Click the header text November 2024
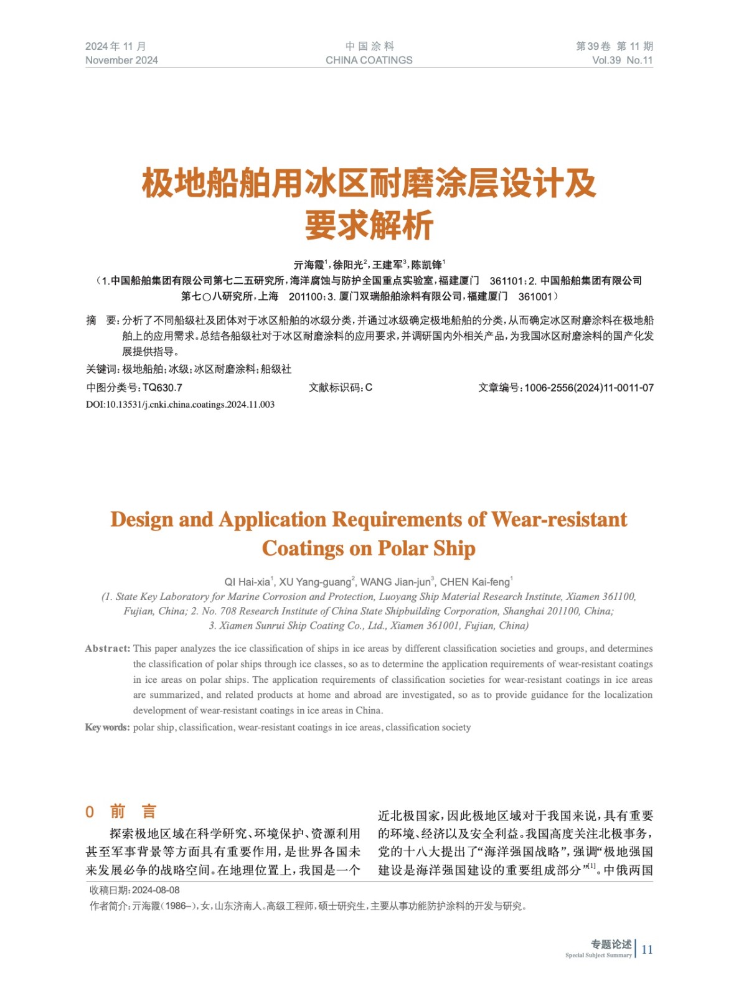tap(121, 60)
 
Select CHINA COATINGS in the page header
tap(369, 60)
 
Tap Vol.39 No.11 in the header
tap(622, 60)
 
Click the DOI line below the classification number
tap(180, 405)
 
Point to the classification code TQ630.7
tap(162, 388)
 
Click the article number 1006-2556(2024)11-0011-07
tap(589, 388)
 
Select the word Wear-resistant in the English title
tap(559, 520)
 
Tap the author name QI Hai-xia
tap(247, 582)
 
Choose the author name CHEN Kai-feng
tap(474, 582)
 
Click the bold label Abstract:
tap(108, 649)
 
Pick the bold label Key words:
tap(108, 727)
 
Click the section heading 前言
tap(133, 812)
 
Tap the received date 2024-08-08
tap(156, 890)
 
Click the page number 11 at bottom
tap(647, 949)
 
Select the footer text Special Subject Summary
tap(598, 955)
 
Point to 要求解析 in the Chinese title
tap(369, 225)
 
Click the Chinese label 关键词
tap(101, 369)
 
